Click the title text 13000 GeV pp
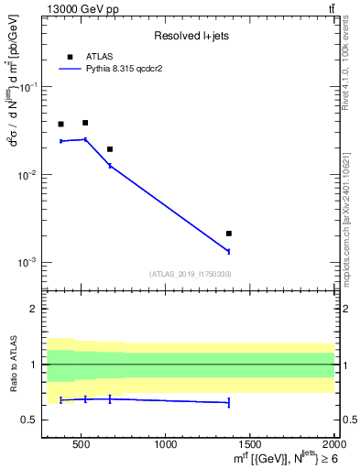77,8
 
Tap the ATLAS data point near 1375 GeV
229,234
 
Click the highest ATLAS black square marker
85,123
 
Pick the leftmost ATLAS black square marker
60,125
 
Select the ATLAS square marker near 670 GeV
110,149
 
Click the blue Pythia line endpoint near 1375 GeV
229,251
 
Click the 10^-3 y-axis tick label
28,262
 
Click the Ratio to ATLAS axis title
13,365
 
